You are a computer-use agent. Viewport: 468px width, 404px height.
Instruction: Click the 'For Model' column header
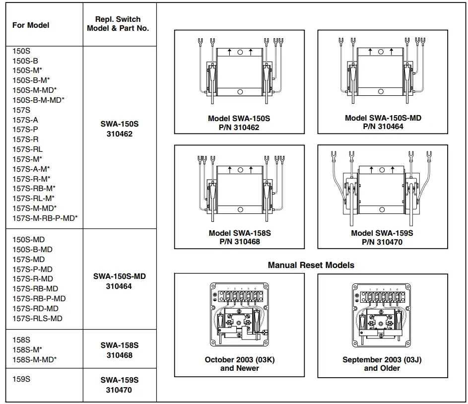(x=31, y=25)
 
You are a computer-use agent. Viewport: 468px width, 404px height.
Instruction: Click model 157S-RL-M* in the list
(x=33, y=198)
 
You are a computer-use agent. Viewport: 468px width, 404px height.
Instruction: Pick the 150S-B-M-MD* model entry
(x=38, y=100)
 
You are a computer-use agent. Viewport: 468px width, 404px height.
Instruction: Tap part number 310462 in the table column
(x=119, y=134)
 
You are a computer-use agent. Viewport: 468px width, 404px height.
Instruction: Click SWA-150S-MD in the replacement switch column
(x=119, y=276)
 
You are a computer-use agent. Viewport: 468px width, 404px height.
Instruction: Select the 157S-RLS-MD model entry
(x=37, y=318)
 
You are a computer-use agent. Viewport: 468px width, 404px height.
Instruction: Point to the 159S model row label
(x=21, y=379)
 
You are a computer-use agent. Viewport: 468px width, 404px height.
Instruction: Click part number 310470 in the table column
(x=119, y=390)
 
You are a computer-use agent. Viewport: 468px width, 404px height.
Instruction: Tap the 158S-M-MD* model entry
(x=34, y=359)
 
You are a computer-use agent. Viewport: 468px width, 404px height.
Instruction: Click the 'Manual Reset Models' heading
(x=311, y=265)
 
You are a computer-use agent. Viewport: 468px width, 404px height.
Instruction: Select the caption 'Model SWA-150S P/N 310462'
(x=239, y=123)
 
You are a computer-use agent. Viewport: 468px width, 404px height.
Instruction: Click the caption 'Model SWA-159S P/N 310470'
(x=382, y=237)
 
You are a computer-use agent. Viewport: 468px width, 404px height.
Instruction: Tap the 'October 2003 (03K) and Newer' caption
(x=239, y=364)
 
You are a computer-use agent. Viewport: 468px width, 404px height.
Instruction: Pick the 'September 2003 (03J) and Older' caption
(x=382, y=364)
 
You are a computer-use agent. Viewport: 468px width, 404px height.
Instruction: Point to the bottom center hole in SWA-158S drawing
(x=240, y=209)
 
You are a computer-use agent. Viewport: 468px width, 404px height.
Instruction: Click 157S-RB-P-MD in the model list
(x=39, y=298)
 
